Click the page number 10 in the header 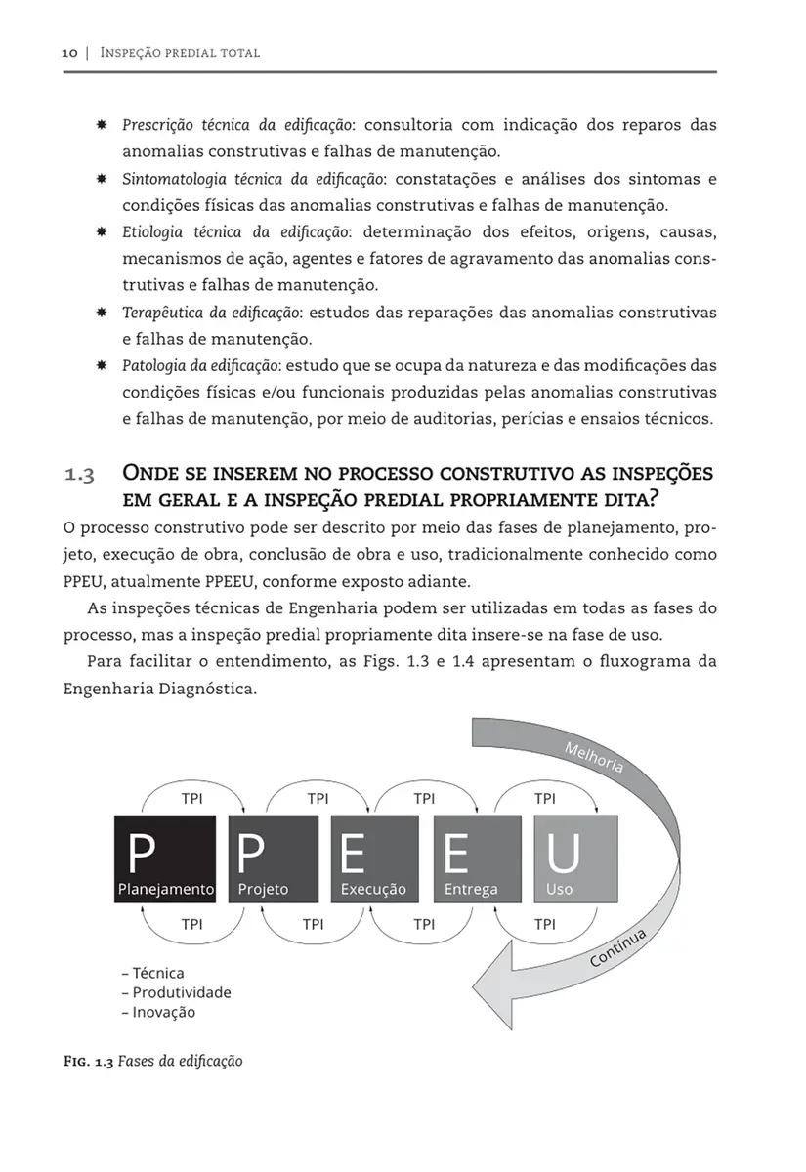[66, 52]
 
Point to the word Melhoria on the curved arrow [594, 757]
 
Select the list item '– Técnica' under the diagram [153, 973]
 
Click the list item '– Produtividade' [177, 992]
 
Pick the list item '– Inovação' [159, 1012]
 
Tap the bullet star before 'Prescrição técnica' [101, 126]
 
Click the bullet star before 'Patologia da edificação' [101, 365]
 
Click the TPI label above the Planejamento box [192, 798]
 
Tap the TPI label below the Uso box [545, 923]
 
